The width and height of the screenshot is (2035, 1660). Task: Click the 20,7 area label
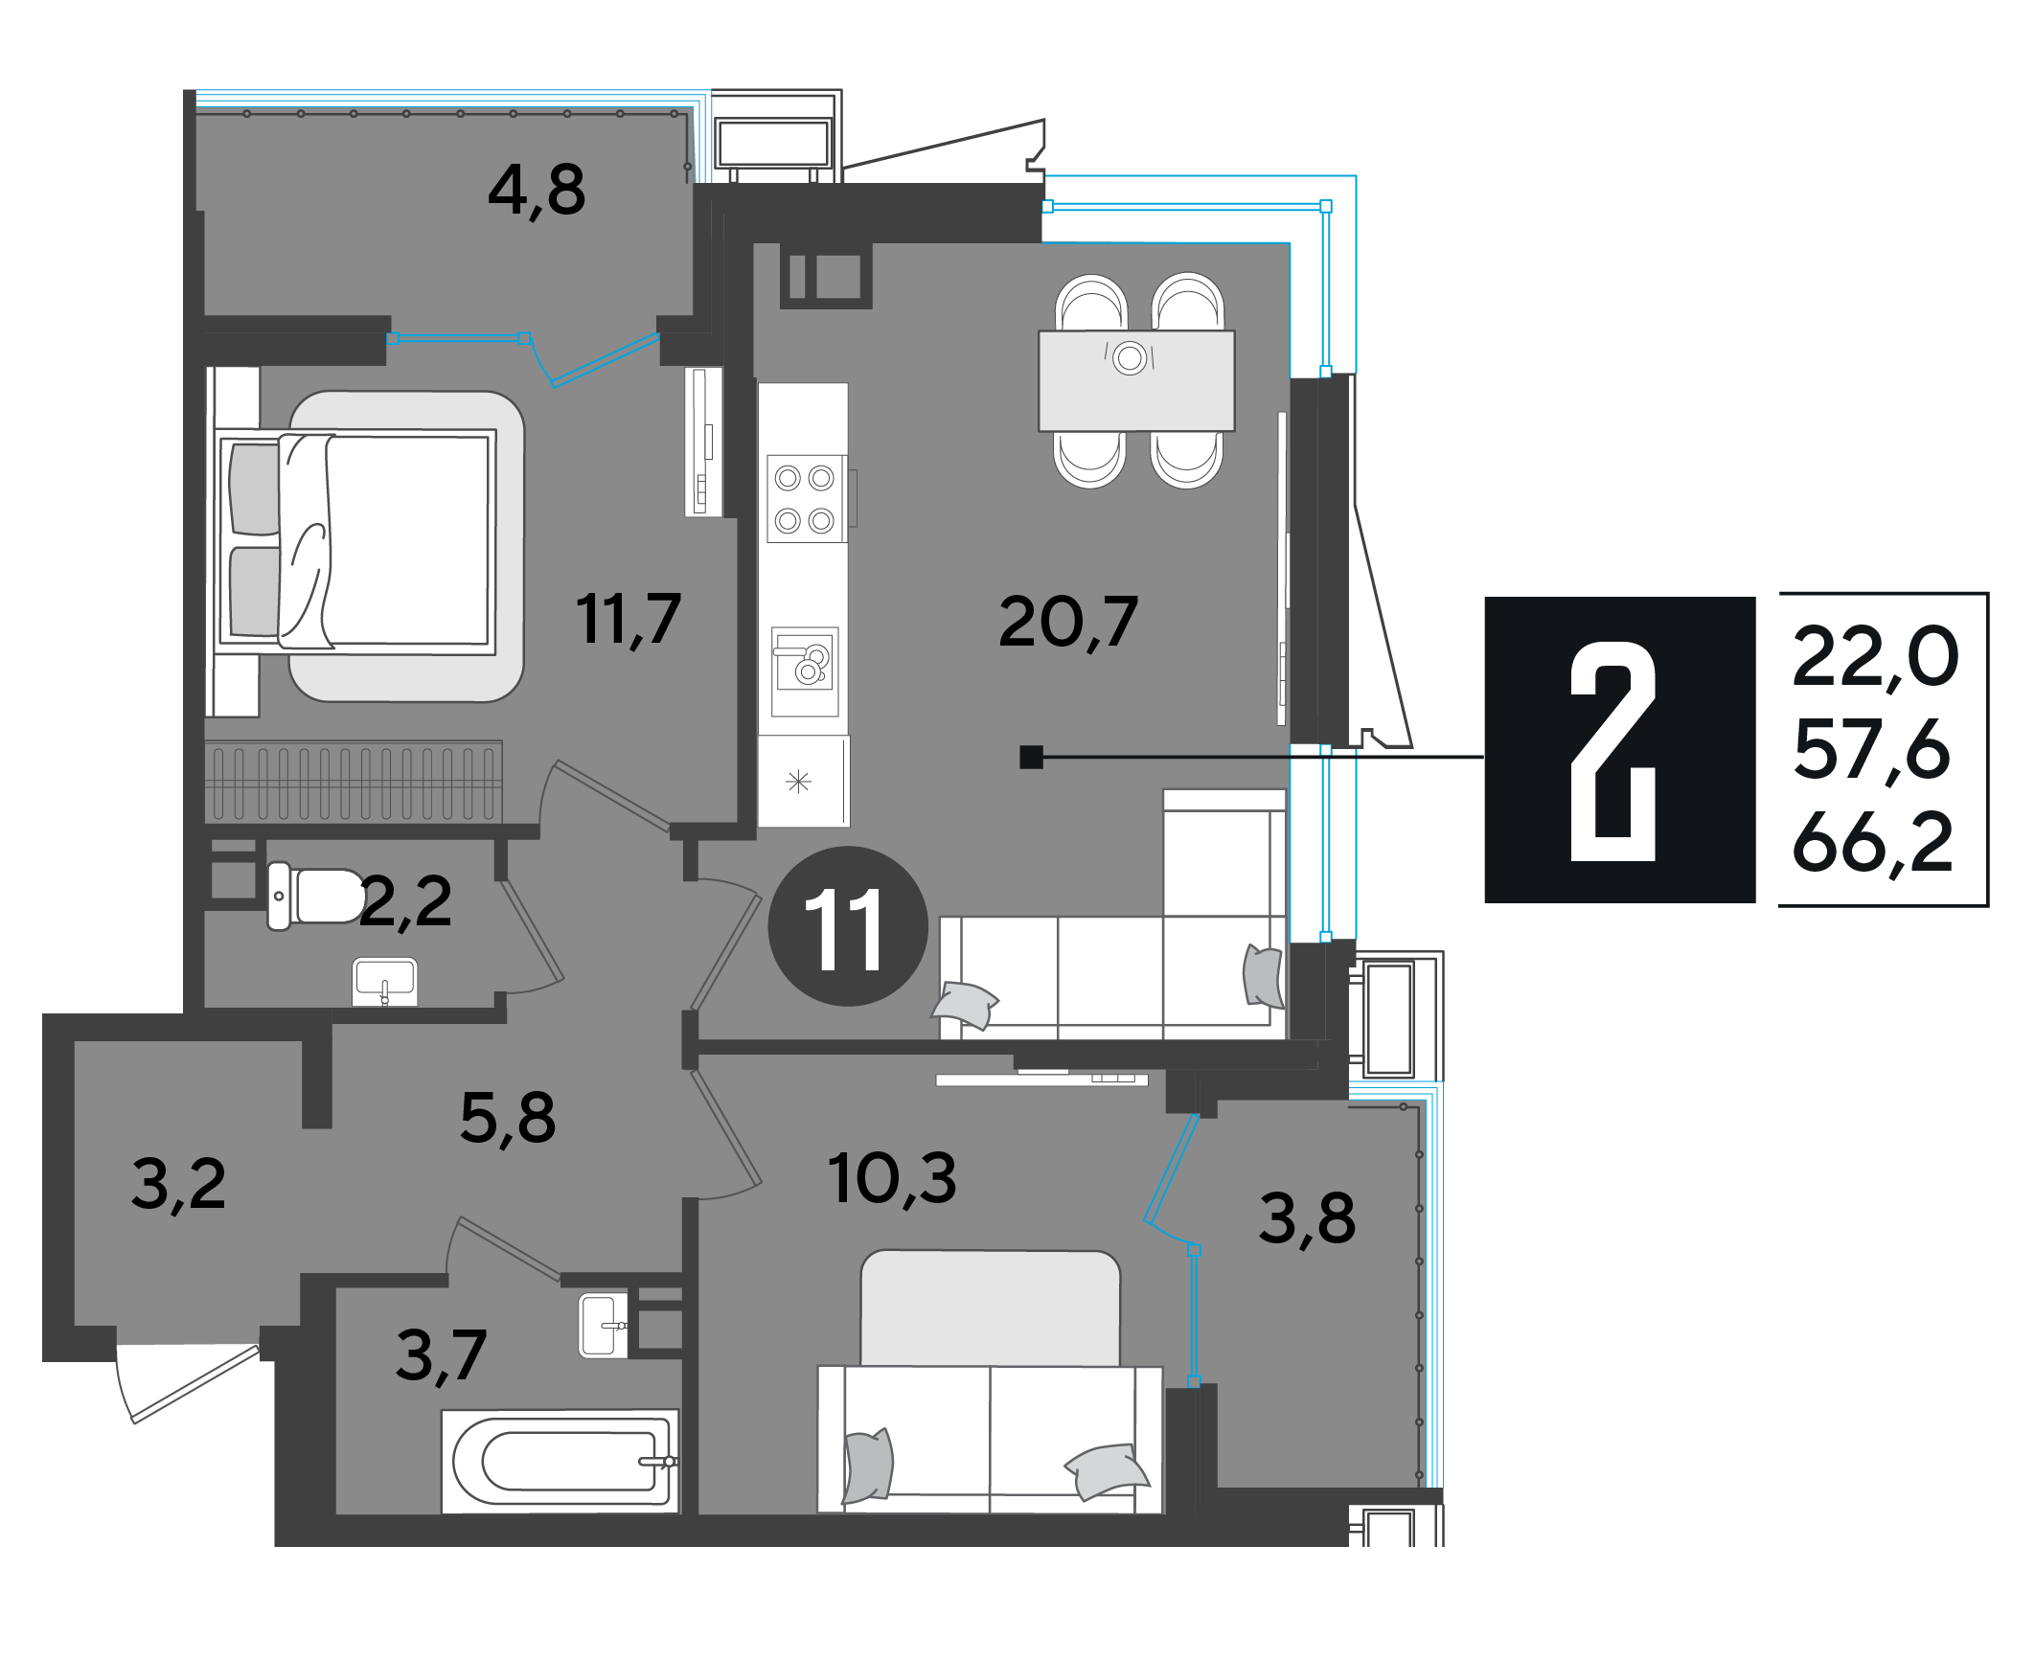[1068, 623]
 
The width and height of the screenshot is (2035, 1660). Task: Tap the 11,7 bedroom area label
[629, 620]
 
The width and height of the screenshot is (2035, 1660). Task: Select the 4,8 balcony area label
[537, 191]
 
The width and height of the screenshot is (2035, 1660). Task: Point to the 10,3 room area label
[892, 1178]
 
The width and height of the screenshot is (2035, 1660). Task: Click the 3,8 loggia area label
[1308, 1218]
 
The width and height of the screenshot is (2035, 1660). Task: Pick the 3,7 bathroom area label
[442, 1356]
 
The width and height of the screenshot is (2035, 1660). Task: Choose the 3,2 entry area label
[179, 1185]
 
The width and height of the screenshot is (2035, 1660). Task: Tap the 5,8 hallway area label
[508, 1118]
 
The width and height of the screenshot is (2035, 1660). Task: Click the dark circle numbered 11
[848, 926]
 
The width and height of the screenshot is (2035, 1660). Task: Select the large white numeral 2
[1613, 751]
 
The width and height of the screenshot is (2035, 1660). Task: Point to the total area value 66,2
[1872, 843]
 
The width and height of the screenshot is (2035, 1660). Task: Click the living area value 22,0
[1875, 657]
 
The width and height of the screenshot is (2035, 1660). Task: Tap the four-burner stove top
[806, 499]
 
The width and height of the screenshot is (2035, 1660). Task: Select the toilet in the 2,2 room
[316, 896]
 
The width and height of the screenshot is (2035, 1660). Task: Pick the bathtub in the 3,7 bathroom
[560, 1461]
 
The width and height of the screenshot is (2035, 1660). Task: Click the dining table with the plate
[1137, 380]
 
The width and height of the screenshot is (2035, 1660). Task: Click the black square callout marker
[1031, 757]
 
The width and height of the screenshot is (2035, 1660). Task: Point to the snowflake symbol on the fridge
[798, 783]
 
